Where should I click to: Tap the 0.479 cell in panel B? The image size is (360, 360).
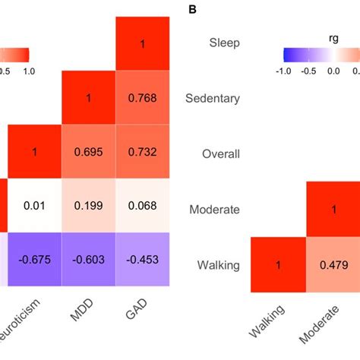(333, 264)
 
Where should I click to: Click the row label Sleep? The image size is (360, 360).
(225, 43)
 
